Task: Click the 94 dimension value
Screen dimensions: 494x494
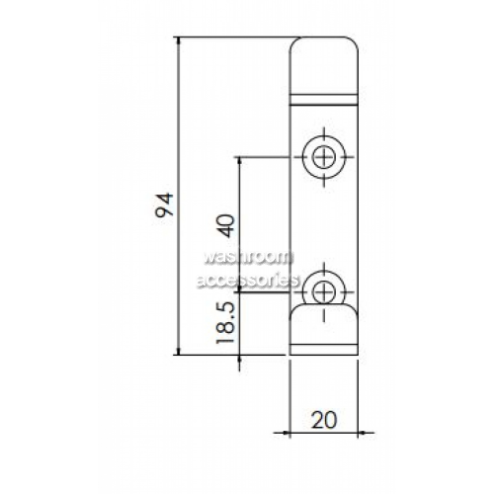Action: [x=164, y=205]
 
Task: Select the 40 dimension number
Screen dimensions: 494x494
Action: [x=227, y=226]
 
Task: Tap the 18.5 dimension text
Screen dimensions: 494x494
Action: [x=225, y=323]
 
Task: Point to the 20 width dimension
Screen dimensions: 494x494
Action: [x=324, y=420]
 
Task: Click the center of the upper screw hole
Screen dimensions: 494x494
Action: [x=324, y=157]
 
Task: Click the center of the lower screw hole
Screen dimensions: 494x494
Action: [x=324, y=292]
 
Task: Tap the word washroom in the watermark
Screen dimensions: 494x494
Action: [x=248, y=257]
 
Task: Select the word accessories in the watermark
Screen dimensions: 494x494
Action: [x=248, y=281]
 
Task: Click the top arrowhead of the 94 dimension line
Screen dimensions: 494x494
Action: [x=179, y=41]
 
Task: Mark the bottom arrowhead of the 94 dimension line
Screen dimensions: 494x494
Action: [x=179, y=351]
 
